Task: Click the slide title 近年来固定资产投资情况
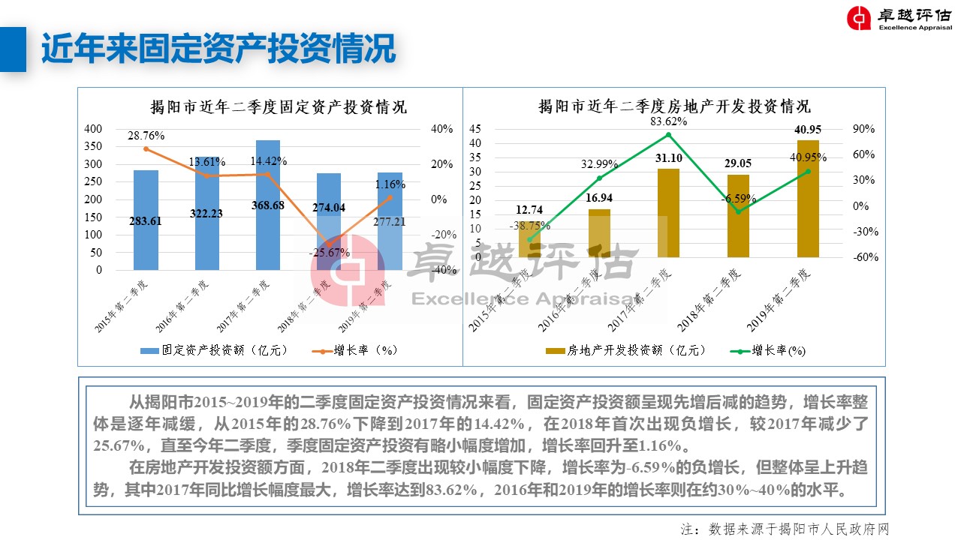pyautogui.click(x=218, y=49)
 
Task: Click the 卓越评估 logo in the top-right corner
pyautogui.click(x=898, y=19)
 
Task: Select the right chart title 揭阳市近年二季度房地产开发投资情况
pyautogui.click(x=674, y=106)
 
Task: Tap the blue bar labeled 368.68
pyautogui.click(x=268, y=225)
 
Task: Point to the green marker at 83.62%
pyautogui.click(x=668, y=135)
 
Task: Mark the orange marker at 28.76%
pyautogui.click(x=146, y=148)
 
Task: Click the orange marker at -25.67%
pyautogui.click(x=329, y=244)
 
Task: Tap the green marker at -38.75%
pyautogui.click(x=529, y=239)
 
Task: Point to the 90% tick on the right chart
pyautogui.click(x=864, y=129)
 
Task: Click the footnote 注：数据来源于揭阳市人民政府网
pyautogui.click(x=785, y=529)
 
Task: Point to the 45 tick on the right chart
pyautogui.click(x=474, y=129)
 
